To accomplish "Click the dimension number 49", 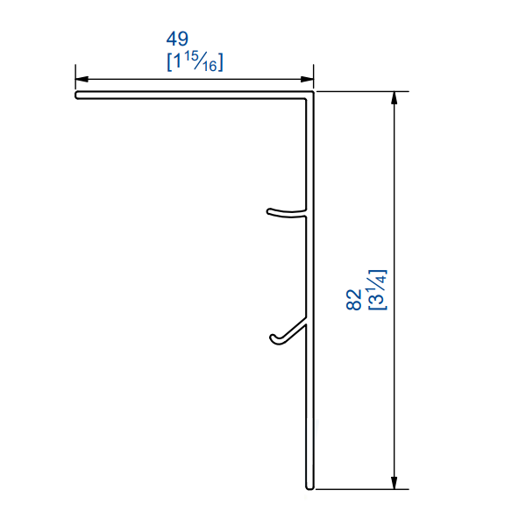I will click(178, 39).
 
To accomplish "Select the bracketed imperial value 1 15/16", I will click(194, 62).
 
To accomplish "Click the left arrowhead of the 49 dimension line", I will click(81, 78).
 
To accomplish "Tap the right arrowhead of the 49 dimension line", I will click(308, 78).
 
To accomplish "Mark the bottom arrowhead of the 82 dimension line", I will click(396, 482).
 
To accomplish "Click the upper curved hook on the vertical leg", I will click(286, 211).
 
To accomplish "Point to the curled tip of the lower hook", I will click(273, 338).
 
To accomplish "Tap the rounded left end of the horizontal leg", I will click(77, 95).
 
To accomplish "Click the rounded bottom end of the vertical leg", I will click(309, 487).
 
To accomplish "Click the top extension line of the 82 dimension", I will click(359, 91).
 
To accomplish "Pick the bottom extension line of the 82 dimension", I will click(359, 489).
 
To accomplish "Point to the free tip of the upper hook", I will click(269, 210).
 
